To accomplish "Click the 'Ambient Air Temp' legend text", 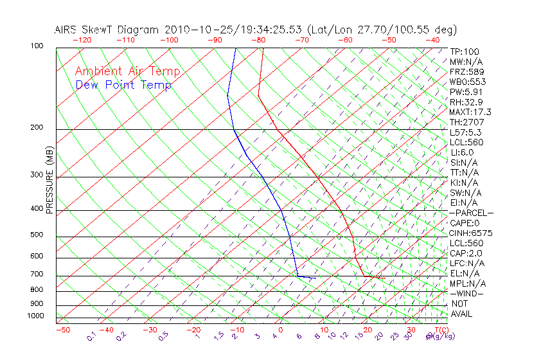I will pos(127,72).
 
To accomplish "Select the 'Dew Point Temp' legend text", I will pos(123,85).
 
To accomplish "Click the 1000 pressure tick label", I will pos(36,316).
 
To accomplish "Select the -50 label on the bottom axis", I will pos(62,330).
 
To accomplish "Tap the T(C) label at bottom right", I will pos(440,330).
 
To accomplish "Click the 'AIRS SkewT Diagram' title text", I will pos(107,30).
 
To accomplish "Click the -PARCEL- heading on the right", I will pos(472,213).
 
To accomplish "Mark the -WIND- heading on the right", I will pos(468,293).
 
